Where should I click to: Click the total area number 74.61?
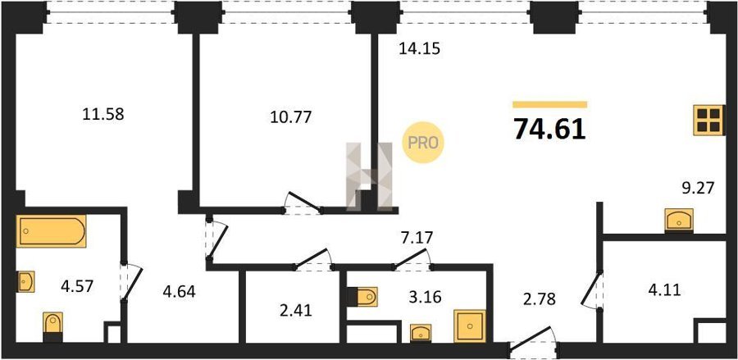(x=549, y=129)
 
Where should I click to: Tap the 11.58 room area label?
(x=103, y=114)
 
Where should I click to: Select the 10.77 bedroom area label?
(x=291, y=116)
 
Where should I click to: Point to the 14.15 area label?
(x=419, y=48)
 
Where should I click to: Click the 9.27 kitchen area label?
(x=698, y=189)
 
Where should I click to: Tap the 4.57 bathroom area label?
(x=77, y=285)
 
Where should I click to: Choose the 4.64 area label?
(x=179, y=292)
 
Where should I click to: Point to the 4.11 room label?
(x=664, y=290)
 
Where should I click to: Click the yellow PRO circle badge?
(x=422, y=143)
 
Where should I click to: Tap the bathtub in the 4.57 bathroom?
(x=52, y=231)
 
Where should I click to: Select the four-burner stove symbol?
(x=708, y=120)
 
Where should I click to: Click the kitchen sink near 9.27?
(x=679, y=221)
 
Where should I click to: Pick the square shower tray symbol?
(x=470, y=326)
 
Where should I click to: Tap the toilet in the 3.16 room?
(x=365, y=297)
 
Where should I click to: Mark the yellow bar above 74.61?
(x=549, y=104)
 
